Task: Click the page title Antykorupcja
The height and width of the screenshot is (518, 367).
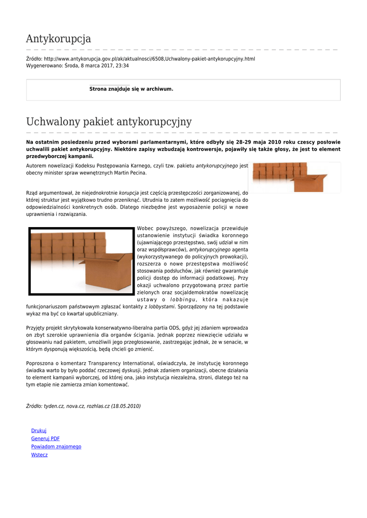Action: (58, 39)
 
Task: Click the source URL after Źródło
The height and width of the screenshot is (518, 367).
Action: (149, 59)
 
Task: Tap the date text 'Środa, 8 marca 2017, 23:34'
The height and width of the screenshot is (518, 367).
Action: (97, 66)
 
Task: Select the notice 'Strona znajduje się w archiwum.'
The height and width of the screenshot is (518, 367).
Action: (131, 89)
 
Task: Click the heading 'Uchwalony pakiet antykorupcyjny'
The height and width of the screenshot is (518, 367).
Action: (109, 122)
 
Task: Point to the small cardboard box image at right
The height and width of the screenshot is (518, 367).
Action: (294, 177)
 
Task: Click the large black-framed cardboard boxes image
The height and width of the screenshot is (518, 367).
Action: (81, 261)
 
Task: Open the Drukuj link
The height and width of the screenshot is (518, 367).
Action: (39, 430)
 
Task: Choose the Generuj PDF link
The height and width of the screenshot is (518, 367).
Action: (46, 439)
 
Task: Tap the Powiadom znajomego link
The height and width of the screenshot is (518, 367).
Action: (56, 447)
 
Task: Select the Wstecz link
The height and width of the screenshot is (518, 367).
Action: (39, 455)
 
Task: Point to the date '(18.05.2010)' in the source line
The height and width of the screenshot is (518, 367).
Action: (126, 406)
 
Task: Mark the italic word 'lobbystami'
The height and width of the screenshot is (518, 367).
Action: (161, 307)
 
